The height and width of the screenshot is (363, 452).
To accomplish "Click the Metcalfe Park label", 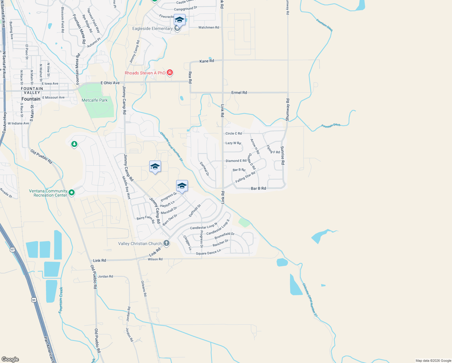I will point(95,100).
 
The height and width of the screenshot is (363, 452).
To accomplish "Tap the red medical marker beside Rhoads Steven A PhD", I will point(170,73).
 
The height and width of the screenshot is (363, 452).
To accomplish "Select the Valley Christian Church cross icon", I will point(166,243).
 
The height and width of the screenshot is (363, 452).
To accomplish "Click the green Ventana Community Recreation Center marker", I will point(72,192).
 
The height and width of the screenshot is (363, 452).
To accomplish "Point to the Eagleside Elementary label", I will point(152,28).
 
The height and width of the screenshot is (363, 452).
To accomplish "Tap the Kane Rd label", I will point(207,61).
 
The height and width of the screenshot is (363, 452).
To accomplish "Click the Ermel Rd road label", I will point(239,93).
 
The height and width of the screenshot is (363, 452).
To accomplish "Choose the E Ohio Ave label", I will point(110,83).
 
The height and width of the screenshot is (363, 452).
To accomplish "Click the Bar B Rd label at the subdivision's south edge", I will point(258,188).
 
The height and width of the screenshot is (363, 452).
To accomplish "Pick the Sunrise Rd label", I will point(282,155).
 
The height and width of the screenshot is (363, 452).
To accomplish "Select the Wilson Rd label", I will point(155,259).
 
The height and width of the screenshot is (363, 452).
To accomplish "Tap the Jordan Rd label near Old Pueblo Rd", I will point(105,276).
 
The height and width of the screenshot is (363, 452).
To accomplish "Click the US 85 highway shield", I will point(34,300).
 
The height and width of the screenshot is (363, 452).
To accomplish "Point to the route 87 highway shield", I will point(12,250).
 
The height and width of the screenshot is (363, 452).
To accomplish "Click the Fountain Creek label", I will point(61,300).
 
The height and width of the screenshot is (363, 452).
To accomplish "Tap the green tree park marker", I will point(74,144).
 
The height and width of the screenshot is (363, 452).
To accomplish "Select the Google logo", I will point(10,359).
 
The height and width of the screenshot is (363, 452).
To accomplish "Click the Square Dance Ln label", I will point(208,252).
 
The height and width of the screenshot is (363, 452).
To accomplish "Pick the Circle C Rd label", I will point(234,133).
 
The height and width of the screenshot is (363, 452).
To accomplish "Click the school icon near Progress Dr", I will point(182,186).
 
